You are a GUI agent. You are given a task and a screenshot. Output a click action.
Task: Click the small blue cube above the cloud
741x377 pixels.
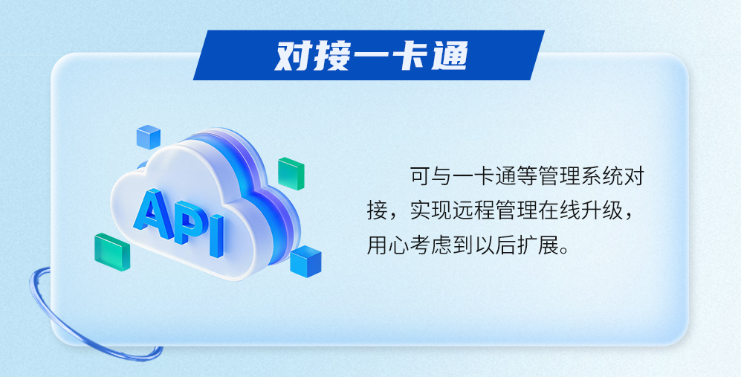point(149,137)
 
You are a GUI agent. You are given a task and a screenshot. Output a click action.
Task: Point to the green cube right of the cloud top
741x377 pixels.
point(291,173)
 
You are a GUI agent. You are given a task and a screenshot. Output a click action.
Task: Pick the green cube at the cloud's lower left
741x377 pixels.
point(112,251)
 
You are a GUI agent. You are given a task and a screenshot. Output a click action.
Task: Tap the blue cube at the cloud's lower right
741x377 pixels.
point(305,261)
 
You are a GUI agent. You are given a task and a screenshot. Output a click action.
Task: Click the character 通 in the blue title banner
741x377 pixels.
point(450,56)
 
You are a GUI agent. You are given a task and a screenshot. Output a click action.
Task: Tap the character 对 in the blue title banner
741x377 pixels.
point(293,56)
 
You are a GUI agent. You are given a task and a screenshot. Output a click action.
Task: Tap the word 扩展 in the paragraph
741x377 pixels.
point(538,246)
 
